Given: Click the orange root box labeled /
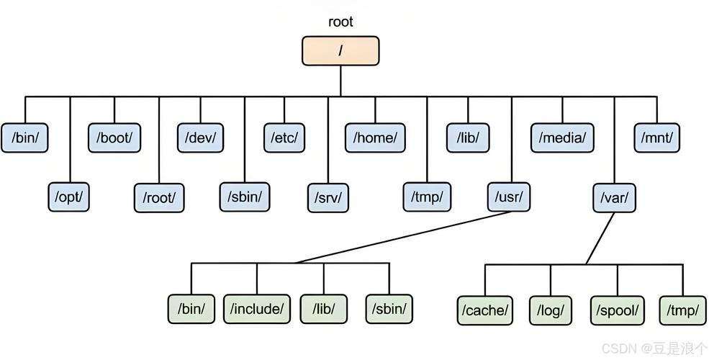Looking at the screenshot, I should point(340,50).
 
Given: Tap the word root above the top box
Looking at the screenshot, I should point(340,21).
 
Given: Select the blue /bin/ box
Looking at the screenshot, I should point(24,138).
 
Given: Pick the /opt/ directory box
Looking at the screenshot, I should point(69,197).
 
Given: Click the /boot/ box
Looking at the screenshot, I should point(114,138).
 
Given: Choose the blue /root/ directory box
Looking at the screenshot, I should point(159,197).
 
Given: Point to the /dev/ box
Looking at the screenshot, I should point(200,138).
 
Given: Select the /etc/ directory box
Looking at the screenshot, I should point(284,138).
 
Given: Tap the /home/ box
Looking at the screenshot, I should point(375,138).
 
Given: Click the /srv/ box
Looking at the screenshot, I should point(328,197).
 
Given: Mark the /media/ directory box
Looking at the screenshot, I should point(563,138).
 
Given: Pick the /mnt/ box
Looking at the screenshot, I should point(657,138).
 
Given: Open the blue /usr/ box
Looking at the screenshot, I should point(510,197).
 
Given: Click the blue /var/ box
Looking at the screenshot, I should point(615,197).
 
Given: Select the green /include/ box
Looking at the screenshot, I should point(257,309).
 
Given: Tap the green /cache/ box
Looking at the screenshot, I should point(485,310).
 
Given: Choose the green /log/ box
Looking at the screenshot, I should point(551,310).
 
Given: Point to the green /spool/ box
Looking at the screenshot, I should point(617,310).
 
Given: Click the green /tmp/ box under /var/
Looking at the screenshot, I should point(682,310).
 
